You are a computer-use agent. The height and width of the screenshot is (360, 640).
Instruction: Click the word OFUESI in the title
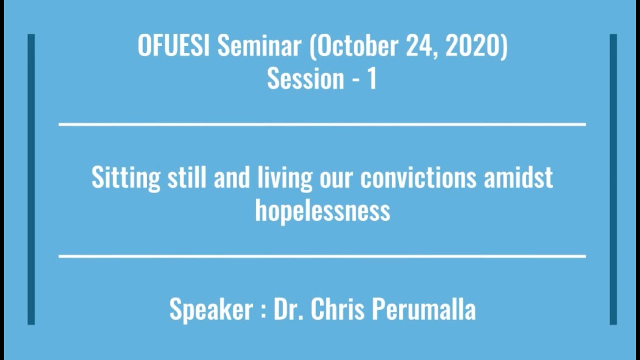174,45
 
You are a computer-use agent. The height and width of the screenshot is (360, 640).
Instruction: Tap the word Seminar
259,45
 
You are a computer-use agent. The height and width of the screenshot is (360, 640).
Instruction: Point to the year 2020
475,45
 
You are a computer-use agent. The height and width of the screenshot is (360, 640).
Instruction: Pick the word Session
305,78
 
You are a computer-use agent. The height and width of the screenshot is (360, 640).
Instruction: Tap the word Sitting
125,178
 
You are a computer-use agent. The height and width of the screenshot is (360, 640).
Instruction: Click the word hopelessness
322,210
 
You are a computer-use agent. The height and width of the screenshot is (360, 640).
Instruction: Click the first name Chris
338,308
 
